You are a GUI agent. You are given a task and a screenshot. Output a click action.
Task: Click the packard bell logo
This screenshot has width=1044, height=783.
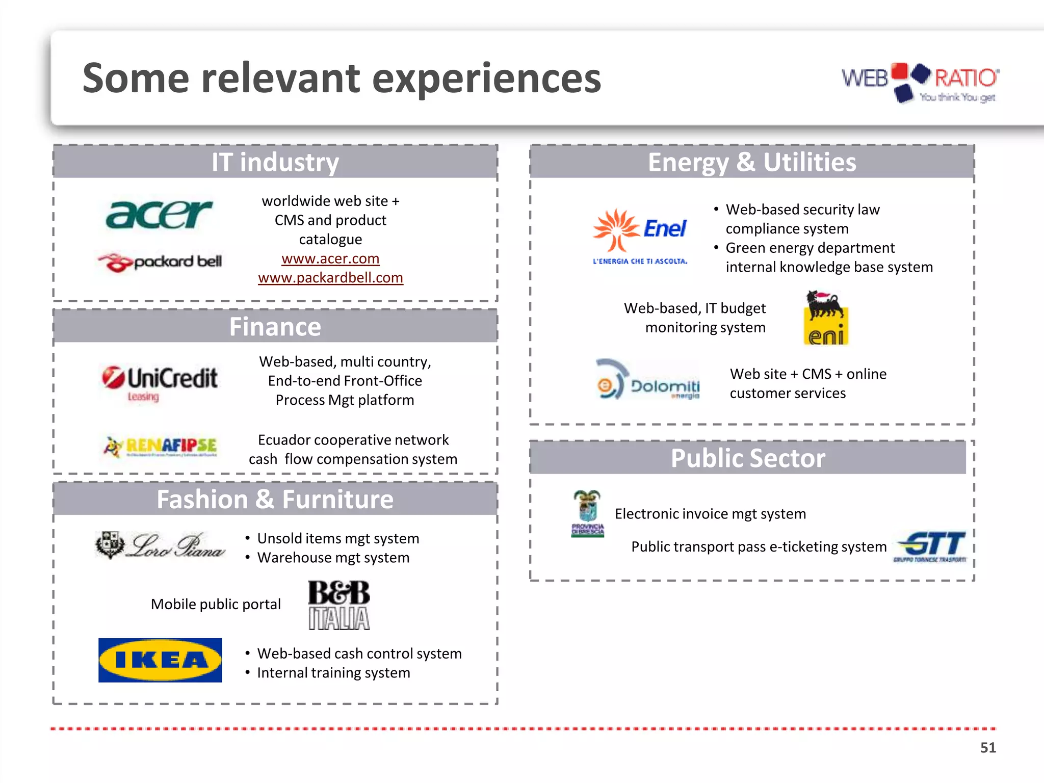[x=160, y=262]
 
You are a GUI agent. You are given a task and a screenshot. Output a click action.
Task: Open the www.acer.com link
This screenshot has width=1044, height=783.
[x=330, y=258]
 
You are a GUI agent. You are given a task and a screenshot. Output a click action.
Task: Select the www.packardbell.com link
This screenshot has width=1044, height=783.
[x=330, y=278]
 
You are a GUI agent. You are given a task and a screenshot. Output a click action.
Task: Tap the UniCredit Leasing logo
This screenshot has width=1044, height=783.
[x=160, y=382]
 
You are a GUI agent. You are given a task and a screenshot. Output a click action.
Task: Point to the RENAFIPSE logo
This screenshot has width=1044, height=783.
[x=161, y=447]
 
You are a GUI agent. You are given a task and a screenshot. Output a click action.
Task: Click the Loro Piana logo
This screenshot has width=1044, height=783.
[x=160, y=545]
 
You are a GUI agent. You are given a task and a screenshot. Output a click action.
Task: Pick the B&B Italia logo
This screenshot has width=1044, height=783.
[x=339, y=605]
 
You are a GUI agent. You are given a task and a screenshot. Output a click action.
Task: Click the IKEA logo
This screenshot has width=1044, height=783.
[x=160, y=660]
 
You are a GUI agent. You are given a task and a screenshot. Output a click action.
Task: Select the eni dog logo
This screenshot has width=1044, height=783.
[x=826, y=318]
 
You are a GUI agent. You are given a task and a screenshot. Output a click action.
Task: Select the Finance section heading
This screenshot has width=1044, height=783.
[x=275, y=327]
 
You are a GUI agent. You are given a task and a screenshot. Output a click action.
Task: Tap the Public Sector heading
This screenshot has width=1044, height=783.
[x=748, y=458]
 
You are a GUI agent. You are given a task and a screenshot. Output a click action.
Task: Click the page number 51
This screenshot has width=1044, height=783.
[x=988, y=748]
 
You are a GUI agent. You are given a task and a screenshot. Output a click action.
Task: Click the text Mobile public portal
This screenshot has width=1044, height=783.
[x=216, y=605]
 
